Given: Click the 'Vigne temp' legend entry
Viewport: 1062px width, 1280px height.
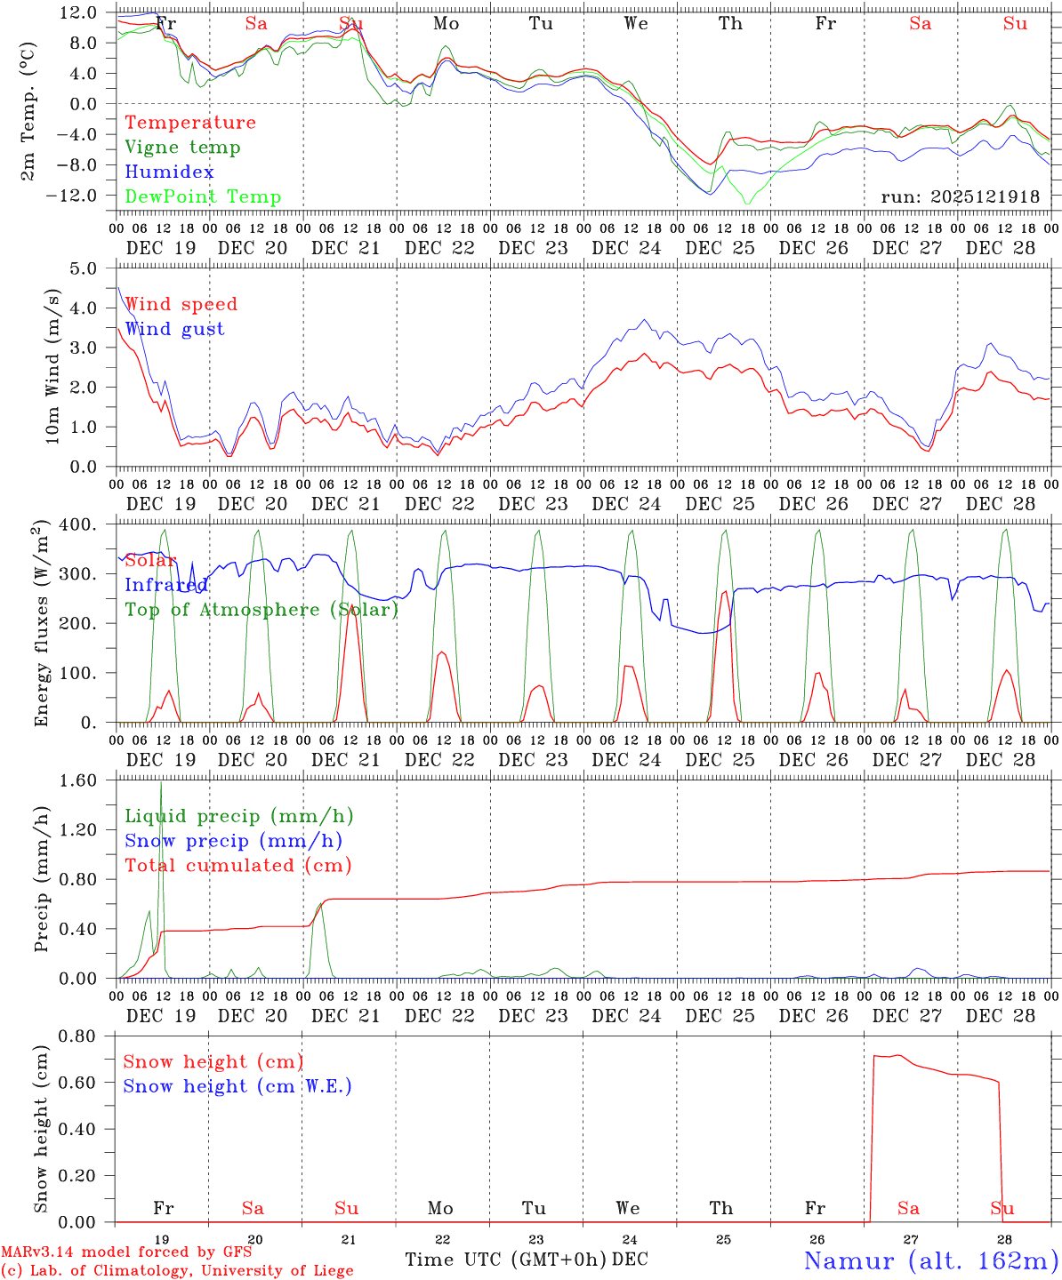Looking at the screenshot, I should (182, 148).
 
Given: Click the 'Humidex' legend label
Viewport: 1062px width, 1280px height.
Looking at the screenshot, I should (169, 172).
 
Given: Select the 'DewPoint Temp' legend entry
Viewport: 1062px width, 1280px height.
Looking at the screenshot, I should (203, 197).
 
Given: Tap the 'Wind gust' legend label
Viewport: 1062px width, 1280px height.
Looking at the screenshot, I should (174, 329).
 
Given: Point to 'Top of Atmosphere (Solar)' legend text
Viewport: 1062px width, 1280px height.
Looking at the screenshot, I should (261, 610).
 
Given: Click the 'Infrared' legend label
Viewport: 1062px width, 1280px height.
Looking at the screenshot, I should (165, 585).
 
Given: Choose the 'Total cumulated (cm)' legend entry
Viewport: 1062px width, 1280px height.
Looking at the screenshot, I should (238, 866).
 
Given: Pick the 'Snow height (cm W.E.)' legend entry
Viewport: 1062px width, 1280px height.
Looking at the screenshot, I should (237, 1086).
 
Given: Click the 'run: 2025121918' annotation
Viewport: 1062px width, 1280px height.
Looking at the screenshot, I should (961, 197).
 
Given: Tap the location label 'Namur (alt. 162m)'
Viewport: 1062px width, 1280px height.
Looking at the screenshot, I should (930, 1260).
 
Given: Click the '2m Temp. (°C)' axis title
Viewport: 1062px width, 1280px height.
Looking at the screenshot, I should (28, 110).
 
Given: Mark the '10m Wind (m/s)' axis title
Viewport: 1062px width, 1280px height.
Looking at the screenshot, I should (52, 366).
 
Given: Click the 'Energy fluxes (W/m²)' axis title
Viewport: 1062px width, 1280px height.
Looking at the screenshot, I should (40, 625).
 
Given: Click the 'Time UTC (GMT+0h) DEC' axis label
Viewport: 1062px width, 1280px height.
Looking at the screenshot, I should (527, 1260).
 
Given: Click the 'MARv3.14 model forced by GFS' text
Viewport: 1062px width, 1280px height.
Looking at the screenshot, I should (125, 1252).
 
